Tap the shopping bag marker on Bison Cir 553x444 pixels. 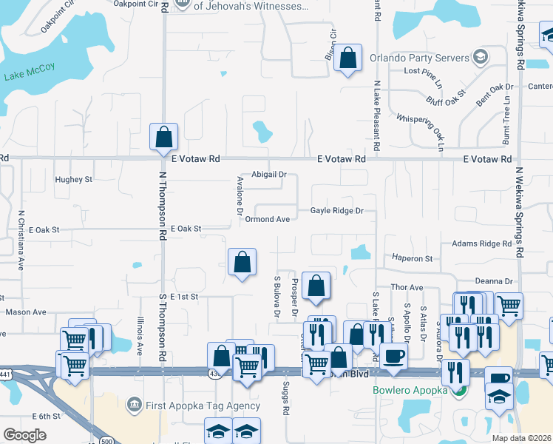347,58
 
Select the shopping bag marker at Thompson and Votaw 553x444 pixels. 163,137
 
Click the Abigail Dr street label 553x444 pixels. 268,175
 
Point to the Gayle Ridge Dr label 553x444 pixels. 336,211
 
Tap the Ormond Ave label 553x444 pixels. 268,219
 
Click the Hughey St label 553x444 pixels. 73,179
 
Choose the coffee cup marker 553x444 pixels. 393,355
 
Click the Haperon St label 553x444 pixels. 412,258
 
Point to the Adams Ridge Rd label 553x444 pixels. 481,243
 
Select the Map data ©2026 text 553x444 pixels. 521,438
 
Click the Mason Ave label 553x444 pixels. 26,312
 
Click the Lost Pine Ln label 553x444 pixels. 422,71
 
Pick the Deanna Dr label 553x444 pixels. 494,281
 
